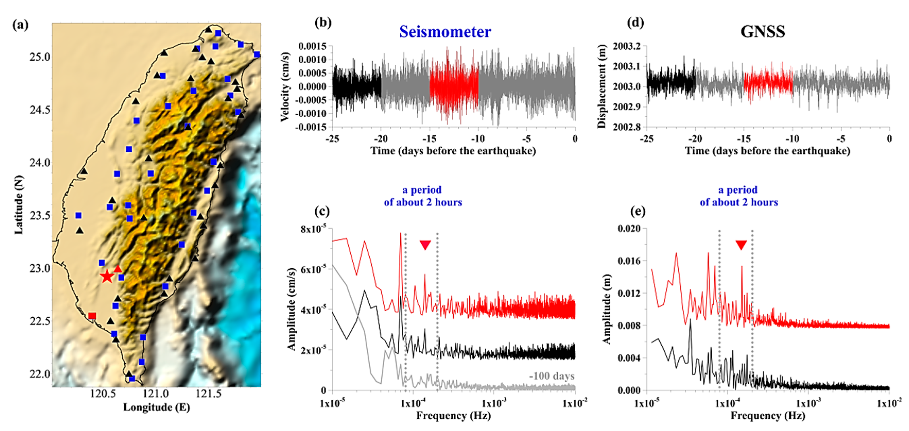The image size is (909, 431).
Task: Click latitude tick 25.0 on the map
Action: point(39,57)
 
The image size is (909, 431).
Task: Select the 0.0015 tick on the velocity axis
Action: point(312,46)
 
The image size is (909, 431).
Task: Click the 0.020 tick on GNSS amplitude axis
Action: point(629,228)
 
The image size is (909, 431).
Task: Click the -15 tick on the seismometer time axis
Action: point(430,139)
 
